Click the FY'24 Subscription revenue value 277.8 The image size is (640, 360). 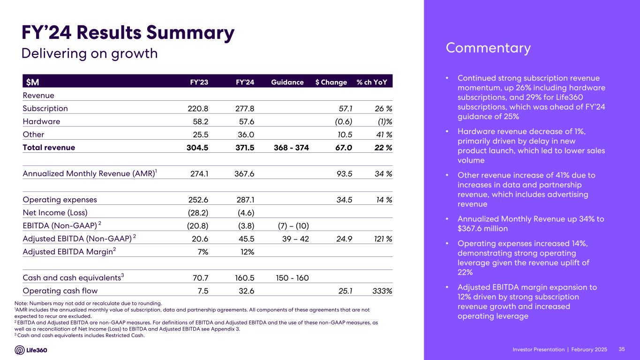(x=245, y=108)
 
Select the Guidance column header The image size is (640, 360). (x=287, y=82)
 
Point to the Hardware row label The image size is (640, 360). (x=41, y=121)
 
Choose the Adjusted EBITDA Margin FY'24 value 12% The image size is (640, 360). (x=247, y=252)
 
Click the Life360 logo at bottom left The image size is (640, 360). (x=31, y=350)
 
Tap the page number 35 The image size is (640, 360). (x=622, y=350)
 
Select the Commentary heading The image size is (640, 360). (x=488, y=48)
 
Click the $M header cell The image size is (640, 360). (x=32, y=82)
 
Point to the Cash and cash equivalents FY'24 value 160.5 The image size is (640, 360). (x=244, y=277)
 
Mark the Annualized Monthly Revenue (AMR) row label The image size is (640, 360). (x=89, y=173)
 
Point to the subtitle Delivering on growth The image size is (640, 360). (x=90, y=53)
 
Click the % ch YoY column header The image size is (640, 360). (x=372, y=82)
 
